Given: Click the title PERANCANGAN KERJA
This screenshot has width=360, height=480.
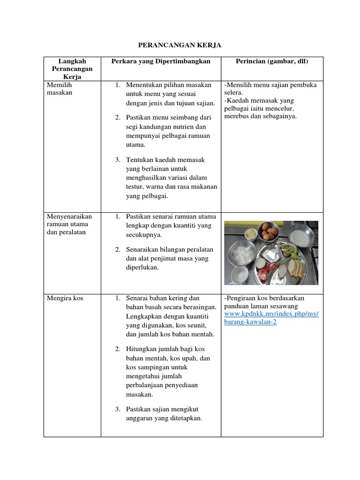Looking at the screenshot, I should click(180, 45).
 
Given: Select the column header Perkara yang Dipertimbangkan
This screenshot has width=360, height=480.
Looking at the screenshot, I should click(161, 61).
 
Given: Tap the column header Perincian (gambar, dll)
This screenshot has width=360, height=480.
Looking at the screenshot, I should click(271, 61).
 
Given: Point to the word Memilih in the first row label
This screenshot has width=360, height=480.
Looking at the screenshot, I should click(59, 85).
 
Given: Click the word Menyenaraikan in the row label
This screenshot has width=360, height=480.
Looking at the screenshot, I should click(69, 217).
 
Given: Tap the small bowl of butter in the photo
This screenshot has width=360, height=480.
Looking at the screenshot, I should click(250, 233).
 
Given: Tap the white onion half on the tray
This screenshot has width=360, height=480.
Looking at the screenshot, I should click(261, 265).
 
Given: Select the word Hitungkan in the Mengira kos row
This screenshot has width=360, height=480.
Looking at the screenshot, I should click(142, 349).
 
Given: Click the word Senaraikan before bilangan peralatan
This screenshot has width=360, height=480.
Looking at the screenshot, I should click(143, 249).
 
